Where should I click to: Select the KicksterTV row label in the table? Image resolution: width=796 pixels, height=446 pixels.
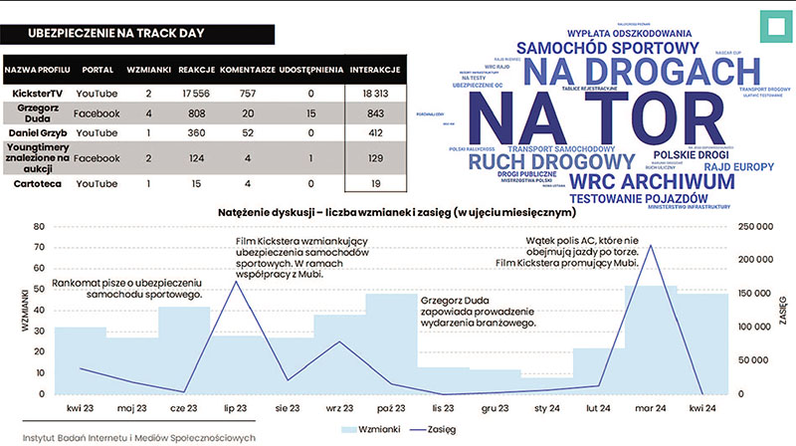coord(38,93)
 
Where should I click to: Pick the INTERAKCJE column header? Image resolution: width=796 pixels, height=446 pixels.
coord(375,71)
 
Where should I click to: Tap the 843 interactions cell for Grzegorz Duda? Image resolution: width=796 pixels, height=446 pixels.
coord(375,113)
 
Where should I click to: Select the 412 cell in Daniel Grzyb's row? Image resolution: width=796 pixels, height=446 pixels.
coord(375,132)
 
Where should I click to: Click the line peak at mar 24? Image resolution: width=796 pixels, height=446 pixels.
coord(650,246)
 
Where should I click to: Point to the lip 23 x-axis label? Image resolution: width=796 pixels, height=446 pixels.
coord(236,406)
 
